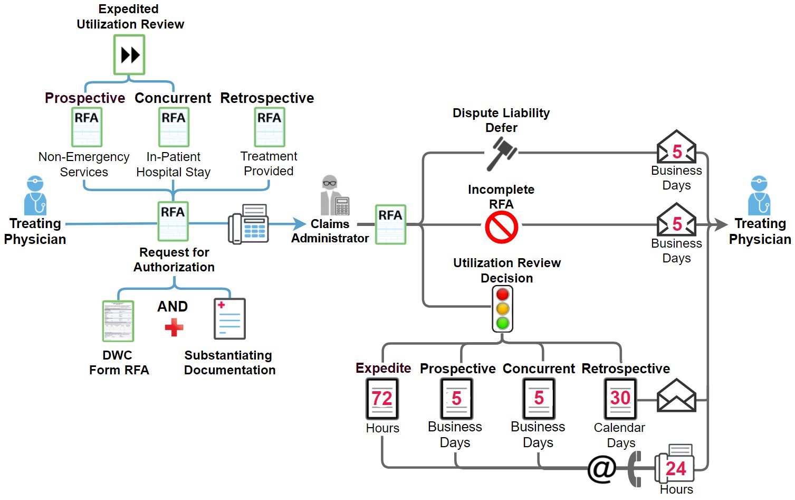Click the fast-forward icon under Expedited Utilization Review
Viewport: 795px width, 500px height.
130,55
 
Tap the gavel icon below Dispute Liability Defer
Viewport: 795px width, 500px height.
501,153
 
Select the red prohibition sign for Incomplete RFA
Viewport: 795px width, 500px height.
501,228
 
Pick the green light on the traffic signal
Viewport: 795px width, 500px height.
503,323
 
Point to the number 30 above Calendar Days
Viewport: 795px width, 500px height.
620,398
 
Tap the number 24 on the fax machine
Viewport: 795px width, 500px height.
676,468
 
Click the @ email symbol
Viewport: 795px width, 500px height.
602,469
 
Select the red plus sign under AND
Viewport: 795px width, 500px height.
174,327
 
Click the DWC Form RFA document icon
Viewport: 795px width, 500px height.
118,321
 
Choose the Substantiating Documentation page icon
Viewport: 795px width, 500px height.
229,319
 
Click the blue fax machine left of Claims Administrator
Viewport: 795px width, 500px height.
248,224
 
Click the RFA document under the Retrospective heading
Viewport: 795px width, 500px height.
270,127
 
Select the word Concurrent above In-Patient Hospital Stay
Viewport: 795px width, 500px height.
173,98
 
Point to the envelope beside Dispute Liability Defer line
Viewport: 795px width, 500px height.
676,147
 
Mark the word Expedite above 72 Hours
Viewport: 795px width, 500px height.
383,368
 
